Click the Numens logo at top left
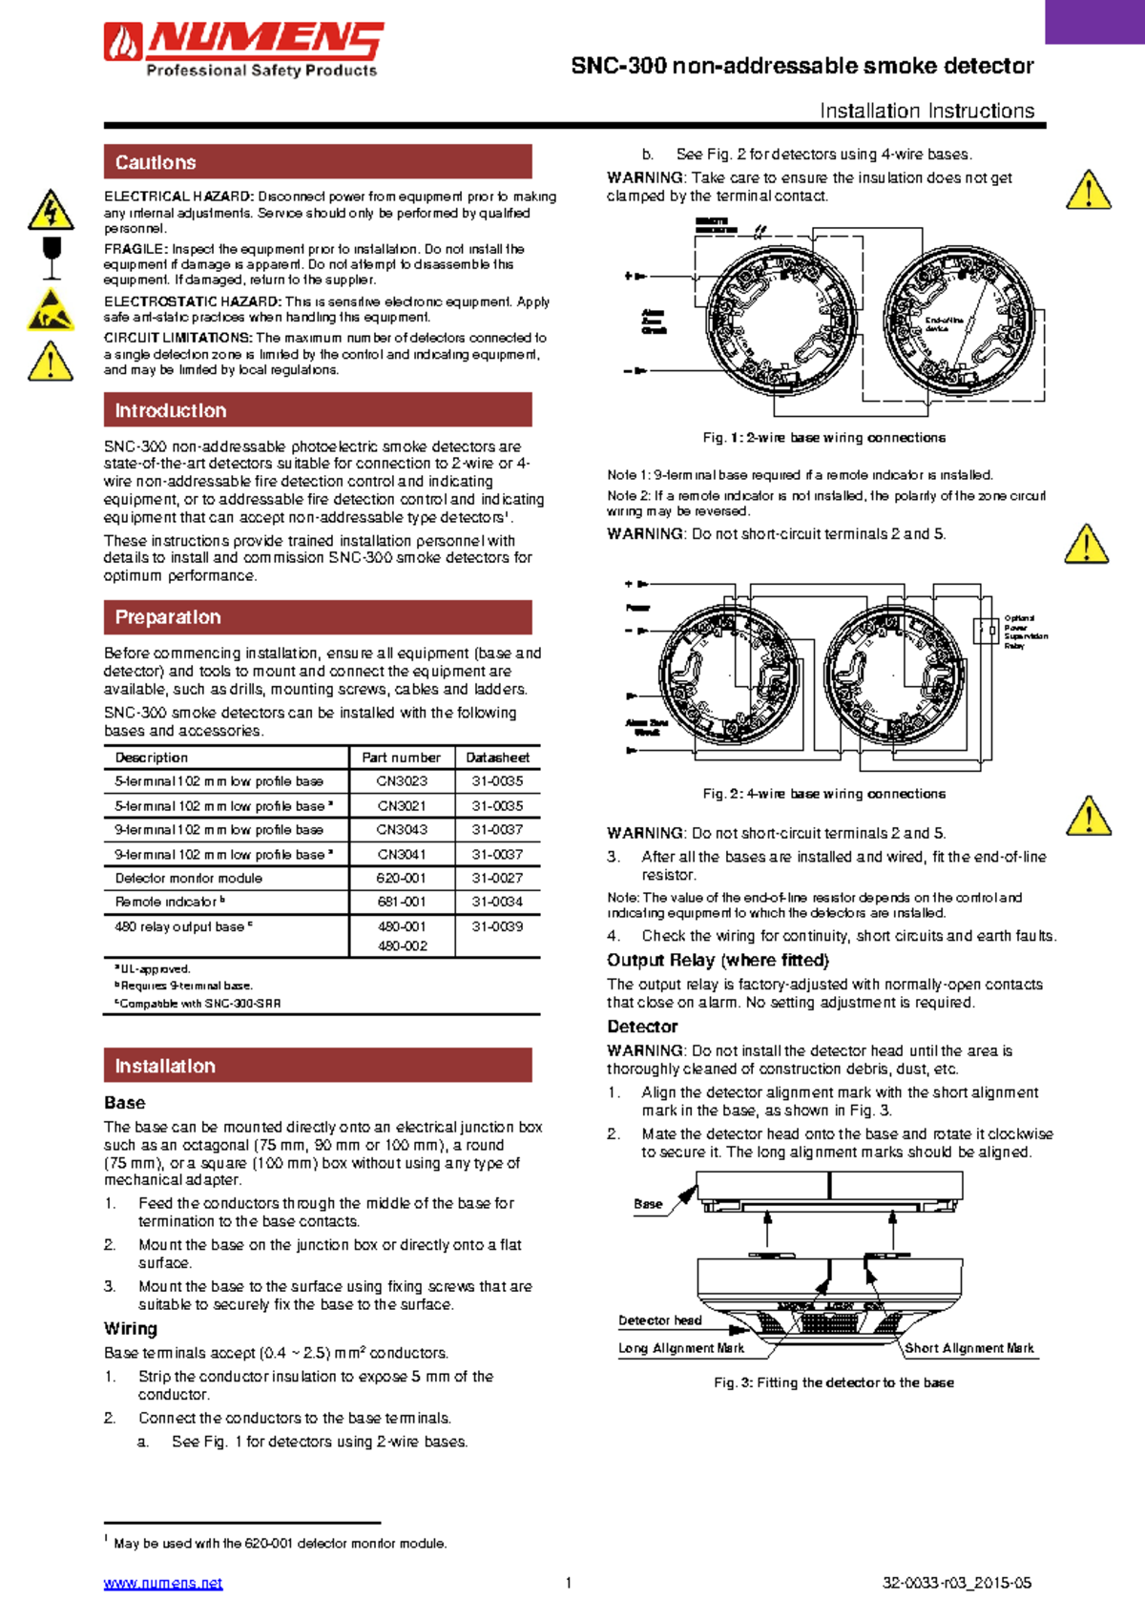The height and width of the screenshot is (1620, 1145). pyautogui.click(x=243, y=50)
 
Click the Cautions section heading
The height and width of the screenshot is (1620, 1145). pyautogui.click(x=156, y=162)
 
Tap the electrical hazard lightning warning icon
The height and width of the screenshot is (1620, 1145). pyautogui.click(x=51, y=211)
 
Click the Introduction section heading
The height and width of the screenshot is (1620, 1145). pyautogui.click(x=171, y=410)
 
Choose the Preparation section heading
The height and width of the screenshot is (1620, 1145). pyautogui.click(x=168, y=617)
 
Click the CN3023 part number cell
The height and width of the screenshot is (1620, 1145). pyautogui.click(x=402, y=780)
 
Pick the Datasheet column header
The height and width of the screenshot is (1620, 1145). pyautogui.click(x=497, y=758)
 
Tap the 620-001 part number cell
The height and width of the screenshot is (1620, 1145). pyautogui.click(x=402, y=878)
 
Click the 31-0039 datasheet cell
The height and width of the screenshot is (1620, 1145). pyautogui.click(x=497, y=926)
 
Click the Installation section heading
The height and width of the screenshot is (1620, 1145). pyautogui.click(x=165, y=1066)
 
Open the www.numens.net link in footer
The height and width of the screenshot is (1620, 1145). pyautogui.click(x=163, y=1583)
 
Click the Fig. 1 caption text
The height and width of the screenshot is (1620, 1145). pyautogui.click(x=824, y=438)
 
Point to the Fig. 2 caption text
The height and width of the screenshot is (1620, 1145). pyautogui.click(x=824, y=794)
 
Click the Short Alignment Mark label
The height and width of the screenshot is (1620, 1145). pyautogui.click(x=968, y=1348)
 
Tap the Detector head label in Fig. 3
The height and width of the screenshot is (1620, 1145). pyautogui.click(x=659, y=1320)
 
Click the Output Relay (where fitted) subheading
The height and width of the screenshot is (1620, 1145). pyautogui.click(x=718, y=960)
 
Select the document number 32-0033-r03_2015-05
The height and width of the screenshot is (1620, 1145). pyautogui.click(x=957, y=1583)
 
